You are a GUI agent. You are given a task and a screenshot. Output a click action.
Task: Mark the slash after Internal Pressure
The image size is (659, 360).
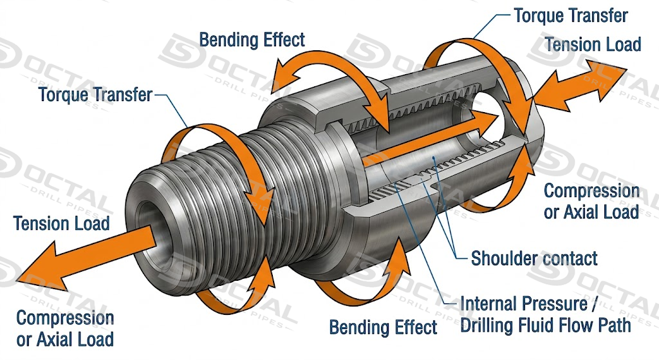click(593, 304)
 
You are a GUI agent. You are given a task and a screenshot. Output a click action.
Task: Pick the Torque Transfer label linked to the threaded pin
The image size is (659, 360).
click(95, 95)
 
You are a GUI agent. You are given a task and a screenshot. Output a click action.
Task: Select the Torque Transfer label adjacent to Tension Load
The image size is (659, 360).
click(571, 16)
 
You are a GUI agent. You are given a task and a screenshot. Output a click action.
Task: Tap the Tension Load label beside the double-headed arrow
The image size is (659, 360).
click(593, 44)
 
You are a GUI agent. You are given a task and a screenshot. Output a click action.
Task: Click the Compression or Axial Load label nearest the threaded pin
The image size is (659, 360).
click(65, 328)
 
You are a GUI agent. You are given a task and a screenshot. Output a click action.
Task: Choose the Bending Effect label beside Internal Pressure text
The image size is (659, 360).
click(383, 327)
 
